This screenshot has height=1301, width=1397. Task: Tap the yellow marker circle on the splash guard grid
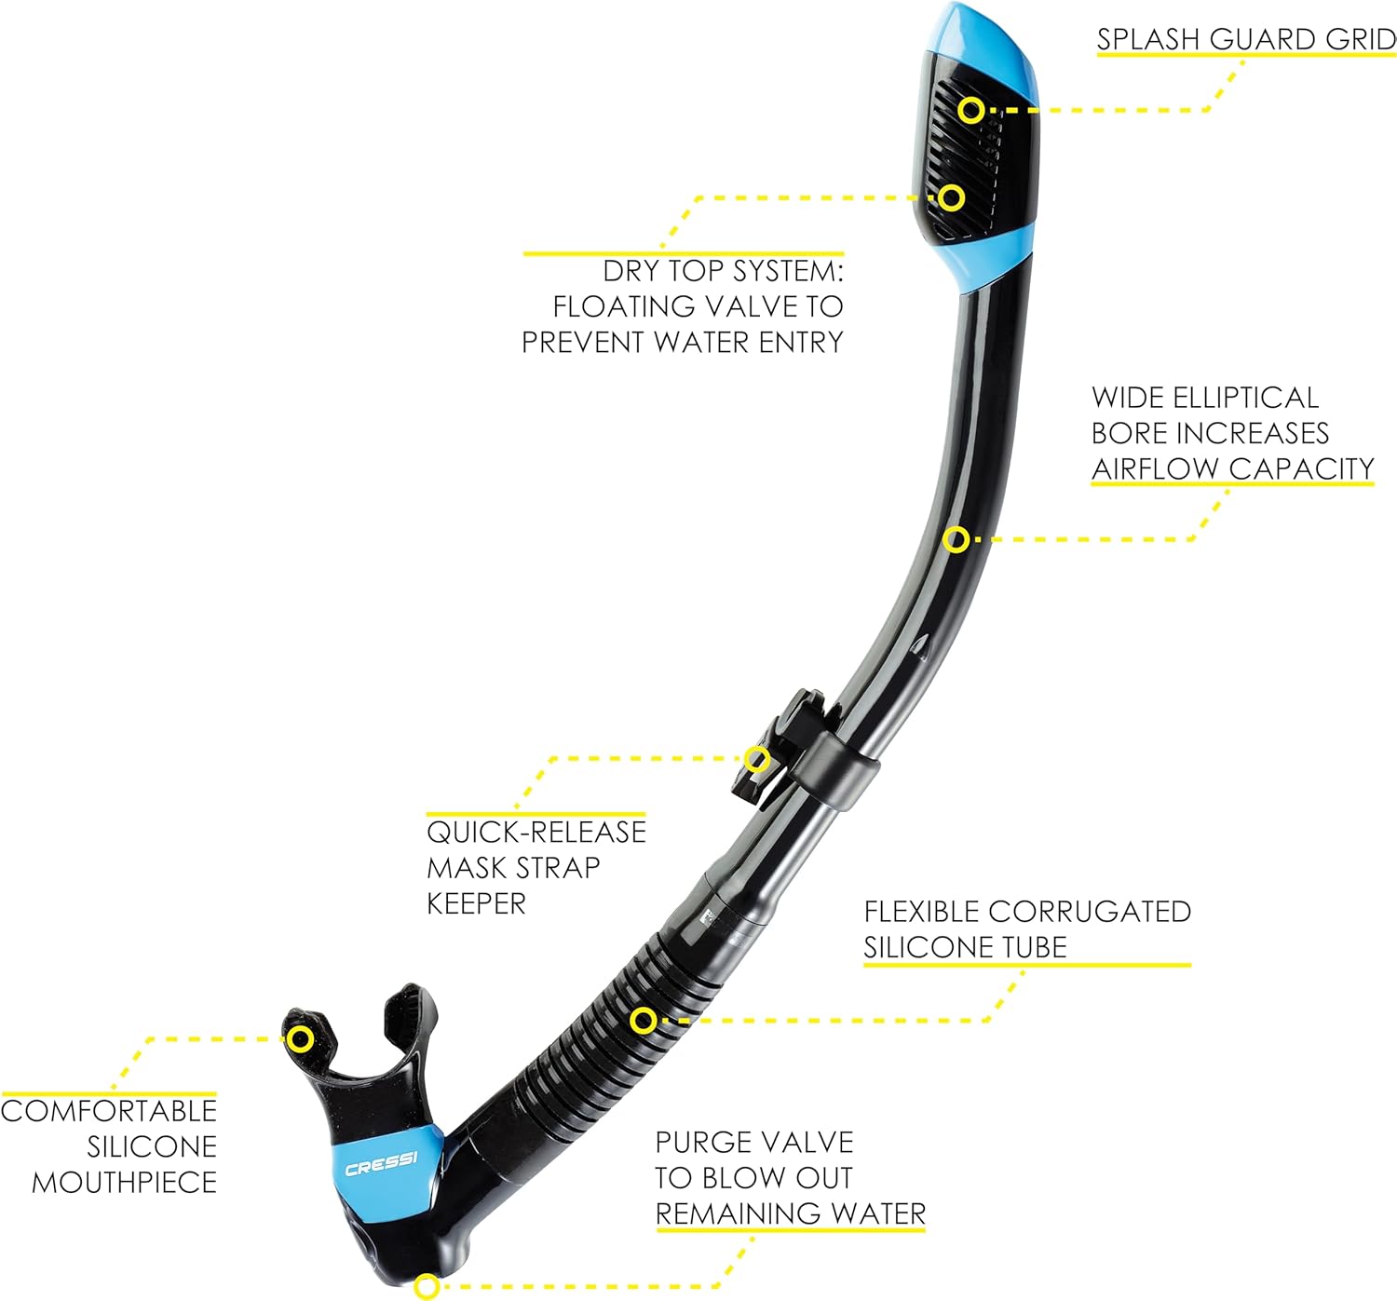971,111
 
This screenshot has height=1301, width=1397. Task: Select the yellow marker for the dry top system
951,197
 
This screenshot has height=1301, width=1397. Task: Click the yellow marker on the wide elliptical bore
956,540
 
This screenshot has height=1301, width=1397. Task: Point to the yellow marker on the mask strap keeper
757,758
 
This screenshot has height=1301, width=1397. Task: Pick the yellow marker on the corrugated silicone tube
643,1021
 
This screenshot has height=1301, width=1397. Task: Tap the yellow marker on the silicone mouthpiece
301,1039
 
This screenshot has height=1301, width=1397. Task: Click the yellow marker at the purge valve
427,1286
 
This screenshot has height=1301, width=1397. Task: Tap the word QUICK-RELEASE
536,833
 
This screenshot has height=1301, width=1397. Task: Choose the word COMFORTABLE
109,1111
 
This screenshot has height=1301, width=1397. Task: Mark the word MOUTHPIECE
125,1183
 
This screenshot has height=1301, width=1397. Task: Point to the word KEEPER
476,904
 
